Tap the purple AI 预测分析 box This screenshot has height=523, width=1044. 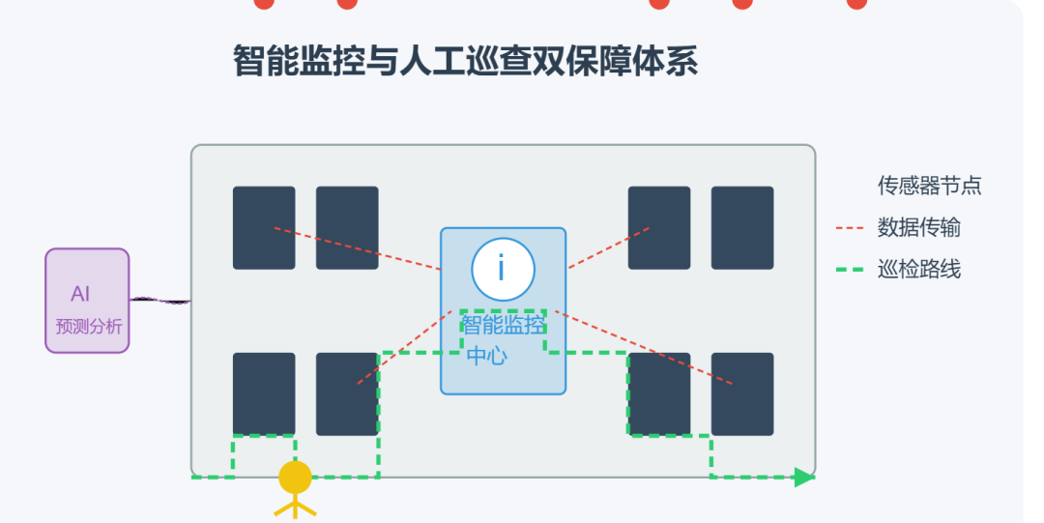[x=87, y=301]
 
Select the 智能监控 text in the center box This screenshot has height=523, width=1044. [x=503, y=325]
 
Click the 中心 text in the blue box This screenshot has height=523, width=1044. [x=486, y=355]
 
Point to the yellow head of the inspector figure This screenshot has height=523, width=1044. [x=295, y=478]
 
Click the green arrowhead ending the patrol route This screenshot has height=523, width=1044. [x=804, y=477]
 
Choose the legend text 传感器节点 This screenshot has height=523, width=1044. [x=929, y=186]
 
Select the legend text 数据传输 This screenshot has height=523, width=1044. [x=918, y=227]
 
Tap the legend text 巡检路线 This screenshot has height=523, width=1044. [x=918, y=269]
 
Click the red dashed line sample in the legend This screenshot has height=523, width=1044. [x=850, y=228]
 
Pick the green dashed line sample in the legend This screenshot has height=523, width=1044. [x=850, y=270]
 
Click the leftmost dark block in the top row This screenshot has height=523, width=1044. [x=264, y=227]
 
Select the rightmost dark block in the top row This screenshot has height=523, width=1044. [x=742, y=227]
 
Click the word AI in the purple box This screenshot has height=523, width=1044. [x=80, y=294]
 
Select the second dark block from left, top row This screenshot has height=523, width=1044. [x=347, y=227]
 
